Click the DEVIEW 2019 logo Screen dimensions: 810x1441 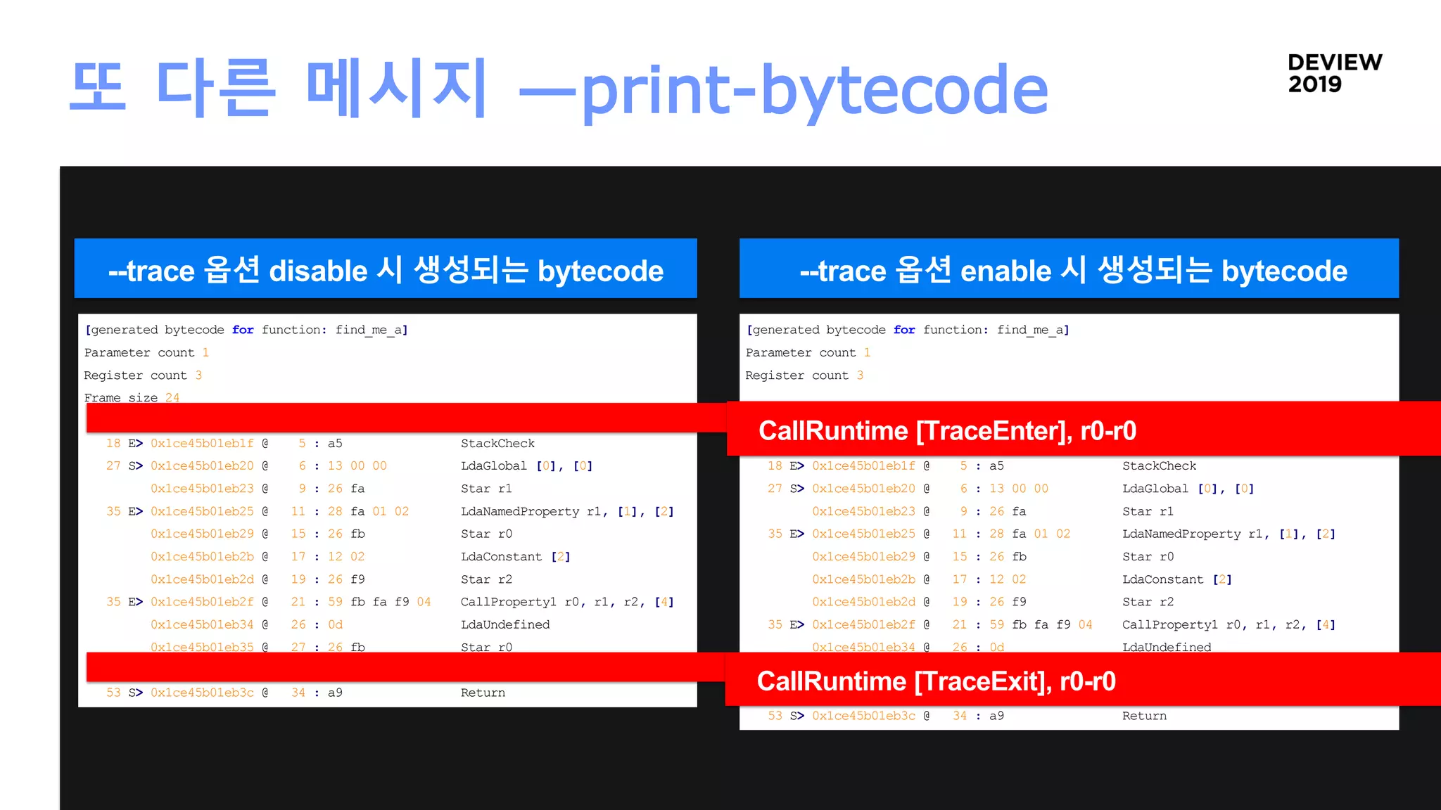pyautogui.click(x=1334, y=73)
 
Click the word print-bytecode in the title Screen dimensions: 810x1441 pyautogui.click(x=815, y=90)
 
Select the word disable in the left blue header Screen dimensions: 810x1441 pyautogui.click(x=318, y=271)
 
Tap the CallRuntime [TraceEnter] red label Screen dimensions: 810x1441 pyautogui.click(x=947, y=430)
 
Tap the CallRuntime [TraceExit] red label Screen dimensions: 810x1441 pyautogui.click(x=936, y=681)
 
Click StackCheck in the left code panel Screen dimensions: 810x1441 pyautogui.click(x=497, y=443)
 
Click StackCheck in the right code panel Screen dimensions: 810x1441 pyautogui.click(x=1159, y=465)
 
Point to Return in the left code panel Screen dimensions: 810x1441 pyautogui.click(x=483, y=693)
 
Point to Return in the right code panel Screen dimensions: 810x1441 pyautogui.click(x=1144, y=716)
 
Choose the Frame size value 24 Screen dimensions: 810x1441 pyautogui.click(x=172, y=397)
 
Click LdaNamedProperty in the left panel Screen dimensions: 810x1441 pyautogui.click(x=519, y=511)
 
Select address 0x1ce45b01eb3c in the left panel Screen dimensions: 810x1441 pyautogui.click(x=202, y=693)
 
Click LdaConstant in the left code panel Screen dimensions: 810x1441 pyautogui.click(x=501, y=556)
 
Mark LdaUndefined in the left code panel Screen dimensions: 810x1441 pyautogui.click(x=504, y=624)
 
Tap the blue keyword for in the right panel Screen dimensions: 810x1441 pyautogui.click(x=904, y=330)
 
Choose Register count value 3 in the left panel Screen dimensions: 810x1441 pyautogui.click(x=198, y=375)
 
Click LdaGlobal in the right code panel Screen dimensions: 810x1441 pyautogui.click(x=1155, y=488)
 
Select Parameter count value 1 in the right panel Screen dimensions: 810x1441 pyautogui.click(x=867, y=352)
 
